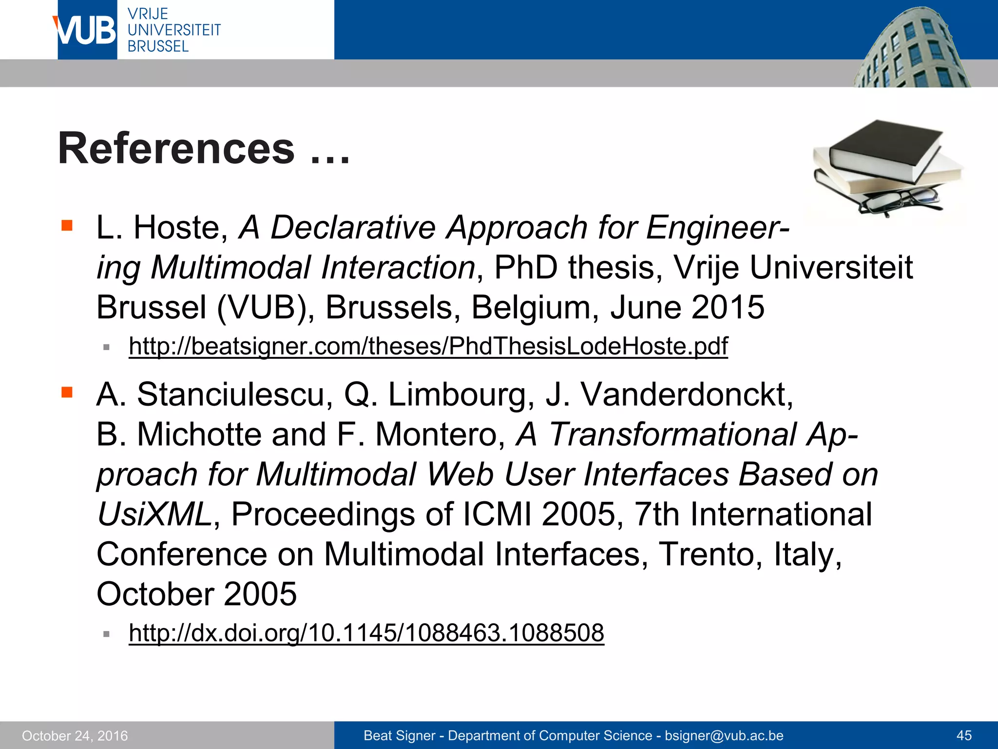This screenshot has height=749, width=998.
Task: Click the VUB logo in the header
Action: pos(86,30)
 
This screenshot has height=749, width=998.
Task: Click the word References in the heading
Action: pos(176,148)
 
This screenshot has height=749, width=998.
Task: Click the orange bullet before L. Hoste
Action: pos(67,225)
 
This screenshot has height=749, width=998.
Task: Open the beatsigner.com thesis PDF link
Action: pos(428,346)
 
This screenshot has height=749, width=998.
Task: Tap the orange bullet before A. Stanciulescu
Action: pos(67,392)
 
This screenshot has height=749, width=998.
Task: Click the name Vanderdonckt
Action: pos(687,394)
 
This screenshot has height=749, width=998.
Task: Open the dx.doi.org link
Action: pos(366,633)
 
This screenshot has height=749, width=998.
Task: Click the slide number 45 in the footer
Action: pos(964,735)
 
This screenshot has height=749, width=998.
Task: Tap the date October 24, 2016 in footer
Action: pos(75,735)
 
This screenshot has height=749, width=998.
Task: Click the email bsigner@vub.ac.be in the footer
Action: pos(724,735)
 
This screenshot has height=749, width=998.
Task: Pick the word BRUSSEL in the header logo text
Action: pos(158,46)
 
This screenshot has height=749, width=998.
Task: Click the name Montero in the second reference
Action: pos(440,434)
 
